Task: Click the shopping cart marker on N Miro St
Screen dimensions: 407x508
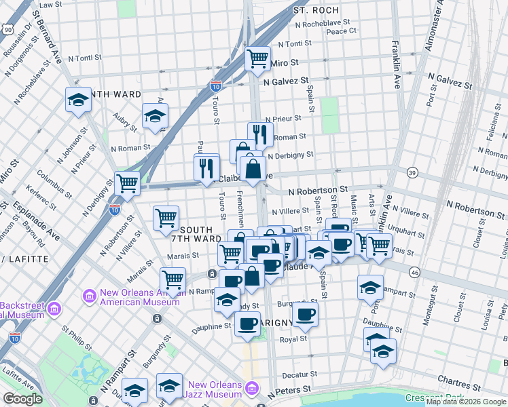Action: pos(257,59)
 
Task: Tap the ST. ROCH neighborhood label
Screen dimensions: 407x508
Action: pos(315,11)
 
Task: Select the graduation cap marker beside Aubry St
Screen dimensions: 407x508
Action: pos(155,116)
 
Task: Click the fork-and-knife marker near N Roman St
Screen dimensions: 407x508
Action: pos(260,134)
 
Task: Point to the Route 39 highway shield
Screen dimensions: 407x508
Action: pos(412,174)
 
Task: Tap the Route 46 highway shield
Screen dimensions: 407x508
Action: pos(414,272)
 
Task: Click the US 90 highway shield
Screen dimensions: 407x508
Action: pos(7,29)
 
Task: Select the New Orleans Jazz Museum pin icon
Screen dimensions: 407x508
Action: pos(252,388)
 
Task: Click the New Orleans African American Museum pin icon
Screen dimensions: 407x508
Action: pos(88,296)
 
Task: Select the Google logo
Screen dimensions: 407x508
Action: pos(22,399)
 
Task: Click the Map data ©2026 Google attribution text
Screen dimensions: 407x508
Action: pos(466,402)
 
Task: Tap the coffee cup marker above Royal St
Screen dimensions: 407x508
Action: pos(305,313)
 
